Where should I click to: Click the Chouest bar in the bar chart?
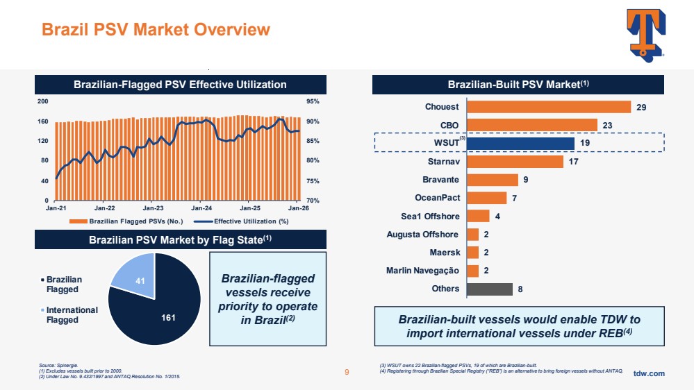(549, 107)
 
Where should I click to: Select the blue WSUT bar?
(521, 143)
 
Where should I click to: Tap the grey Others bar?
(490, 289)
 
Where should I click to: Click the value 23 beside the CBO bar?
(607, 125)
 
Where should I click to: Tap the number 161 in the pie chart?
(168, 318)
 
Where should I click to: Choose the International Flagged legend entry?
(72, 314)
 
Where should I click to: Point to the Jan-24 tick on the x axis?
(201, 208)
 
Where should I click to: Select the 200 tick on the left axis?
(43, 101)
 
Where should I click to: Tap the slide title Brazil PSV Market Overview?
(156, 29)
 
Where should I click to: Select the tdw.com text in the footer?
(649, 373)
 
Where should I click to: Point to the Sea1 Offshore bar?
(479, 216)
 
